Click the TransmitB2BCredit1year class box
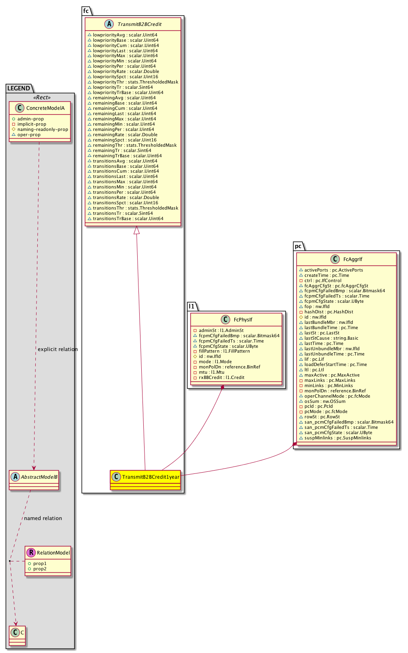point(145,480)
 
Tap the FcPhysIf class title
point(243,319)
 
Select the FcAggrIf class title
point(352,259)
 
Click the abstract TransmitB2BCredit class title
point(139,24)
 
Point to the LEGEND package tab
point(19,88)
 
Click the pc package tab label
point(298,246)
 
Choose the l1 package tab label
point(192,306)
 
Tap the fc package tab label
point(86,11)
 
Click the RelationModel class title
point(53,552)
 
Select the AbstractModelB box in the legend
point(34,480)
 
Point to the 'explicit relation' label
point(58,349)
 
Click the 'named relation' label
point(43,518)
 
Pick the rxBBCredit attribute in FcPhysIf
point(221,377)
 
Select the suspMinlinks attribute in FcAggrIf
point(337,438)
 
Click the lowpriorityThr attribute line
point(135,82)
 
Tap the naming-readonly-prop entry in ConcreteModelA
point(42,129)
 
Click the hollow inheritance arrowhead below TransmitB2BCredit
point(137,230)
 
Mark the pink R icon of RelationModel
point(31,552)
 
